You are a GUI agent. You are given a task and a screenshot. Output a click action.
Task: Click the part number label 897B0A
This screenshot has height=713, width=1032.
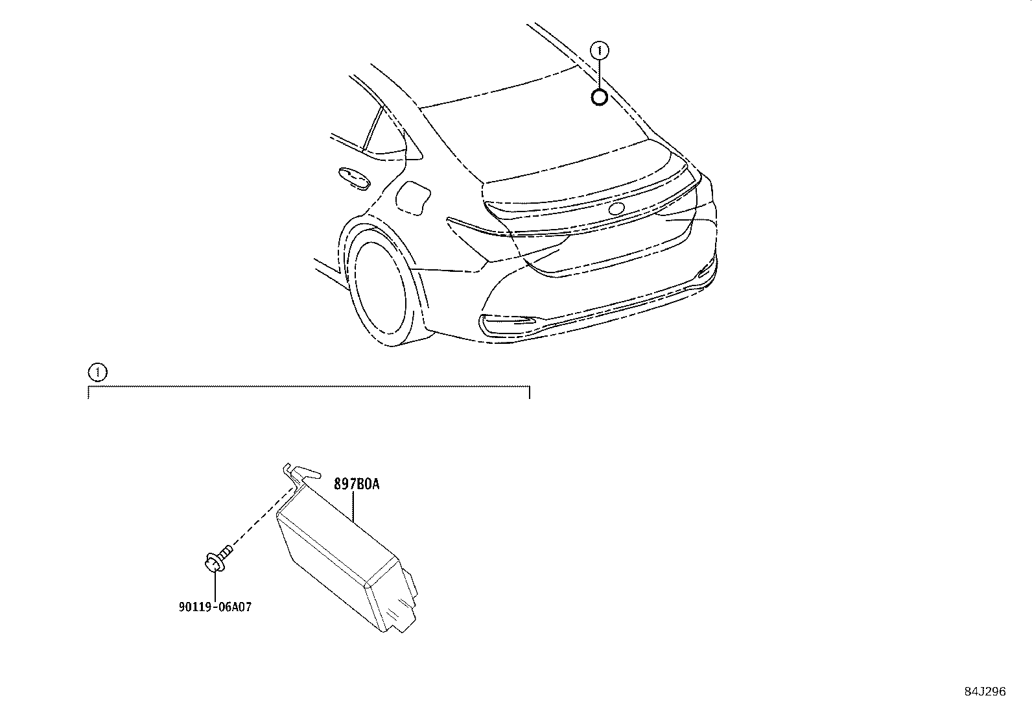357,484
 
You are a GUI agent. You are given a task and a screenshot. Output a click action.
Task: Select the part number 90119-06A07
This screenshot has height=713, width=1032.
215,607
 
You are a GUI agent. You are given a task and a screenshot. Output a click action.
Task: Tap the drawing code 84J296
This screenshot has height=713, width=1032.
985,692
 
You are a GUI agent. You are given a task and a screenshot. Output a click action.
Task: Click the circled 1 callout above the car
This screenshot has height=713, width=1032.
600,50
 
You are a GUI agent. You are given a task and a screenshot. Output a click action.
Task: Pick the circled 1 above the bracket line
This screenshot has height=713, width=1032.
97,372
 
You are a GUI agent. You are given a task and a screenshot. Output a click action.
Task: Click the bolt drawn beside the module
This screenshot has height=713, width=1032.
218,559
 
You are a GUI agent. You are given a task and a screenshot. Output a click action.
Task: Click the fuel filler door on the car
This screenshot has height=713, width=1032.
413,197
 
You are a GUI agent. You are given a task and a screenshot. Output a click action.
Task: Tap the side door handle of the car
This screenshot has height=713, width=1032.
354,177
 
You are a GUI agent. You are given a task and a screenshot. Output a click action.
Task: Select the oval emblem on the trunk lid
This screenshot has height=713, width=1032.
616,208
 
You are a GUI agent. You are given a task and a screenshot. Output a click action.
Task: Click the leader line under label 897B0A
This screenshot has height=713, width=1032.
353,507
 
